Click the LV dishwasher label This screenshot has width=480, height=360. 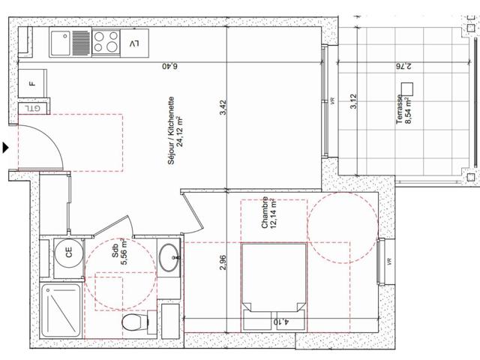pyautogui.click(x=134, y=43)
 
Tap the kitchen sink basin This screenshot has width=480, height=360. pyautogui.click(x=61, y=43)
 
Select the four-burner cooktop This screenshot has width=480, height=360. pyautogui.click(x=107, y=43)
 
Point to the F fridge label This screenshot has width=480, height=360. pyautogui.click(x=31, y=83)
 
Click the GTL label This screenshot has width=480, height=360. pyautogui.click(x=32, y=109)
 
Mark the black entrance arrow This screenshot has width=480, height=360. pyautogui.click(x=6, y=148)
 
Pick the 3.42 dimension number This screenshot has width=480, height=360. pyautogui.click(x=222, y=108)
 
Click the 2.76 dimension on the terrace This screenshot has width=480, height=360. pyautogui.click(x=405, y=66)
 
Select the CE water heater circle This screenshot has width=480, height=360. pyautogui.click(x=69, y=253)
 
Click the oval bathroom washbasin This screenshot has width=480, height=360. pyautogui.click(x=169, y=258)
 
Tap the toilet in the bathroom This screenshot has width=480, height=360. pyautogui.click(x=133, y=323)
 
